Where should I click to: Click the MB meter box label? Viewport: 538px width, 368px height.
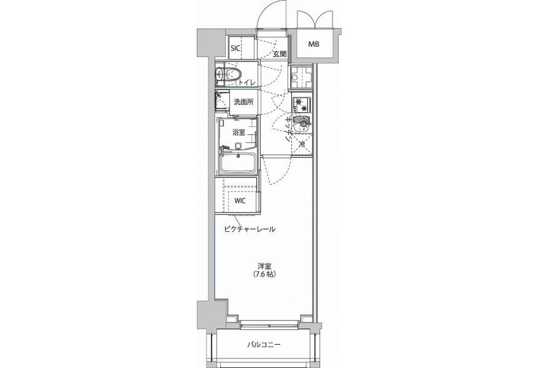pos(314,44)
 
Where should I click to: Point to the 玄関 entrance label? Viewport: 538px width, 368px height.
pos(280,54)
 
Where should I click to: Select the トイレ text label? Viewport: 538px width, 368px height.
pos(247,83)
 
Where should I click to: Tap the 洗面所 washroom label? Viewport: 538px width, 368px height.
pos(243,102)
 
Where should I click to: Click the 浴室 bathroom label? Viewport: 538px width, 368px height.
pos(239,132)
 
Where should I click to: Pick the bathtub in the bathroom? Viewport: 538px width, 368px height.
pos(238,163)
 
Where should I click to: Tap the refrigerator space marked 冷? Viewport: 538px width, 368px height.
pos(302,145)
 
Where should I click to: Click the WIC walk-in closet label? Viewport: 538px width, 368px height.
pos(240,201)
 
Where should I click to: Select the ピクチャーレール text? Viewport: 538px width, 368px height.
pos(250,229)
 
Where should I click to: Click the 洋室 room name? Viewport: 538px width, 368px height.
pos(265,266)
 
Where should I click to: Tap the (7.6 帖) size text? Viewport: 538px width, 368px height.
pos(265,274)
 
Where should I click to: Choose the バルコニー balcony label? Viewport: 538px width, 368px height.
pos(264,345)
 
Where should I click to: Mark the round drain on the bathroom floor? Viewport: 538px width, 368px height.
pos(238,145)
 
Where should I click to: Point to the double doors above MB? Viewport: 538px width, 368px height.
pos(315,20)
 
